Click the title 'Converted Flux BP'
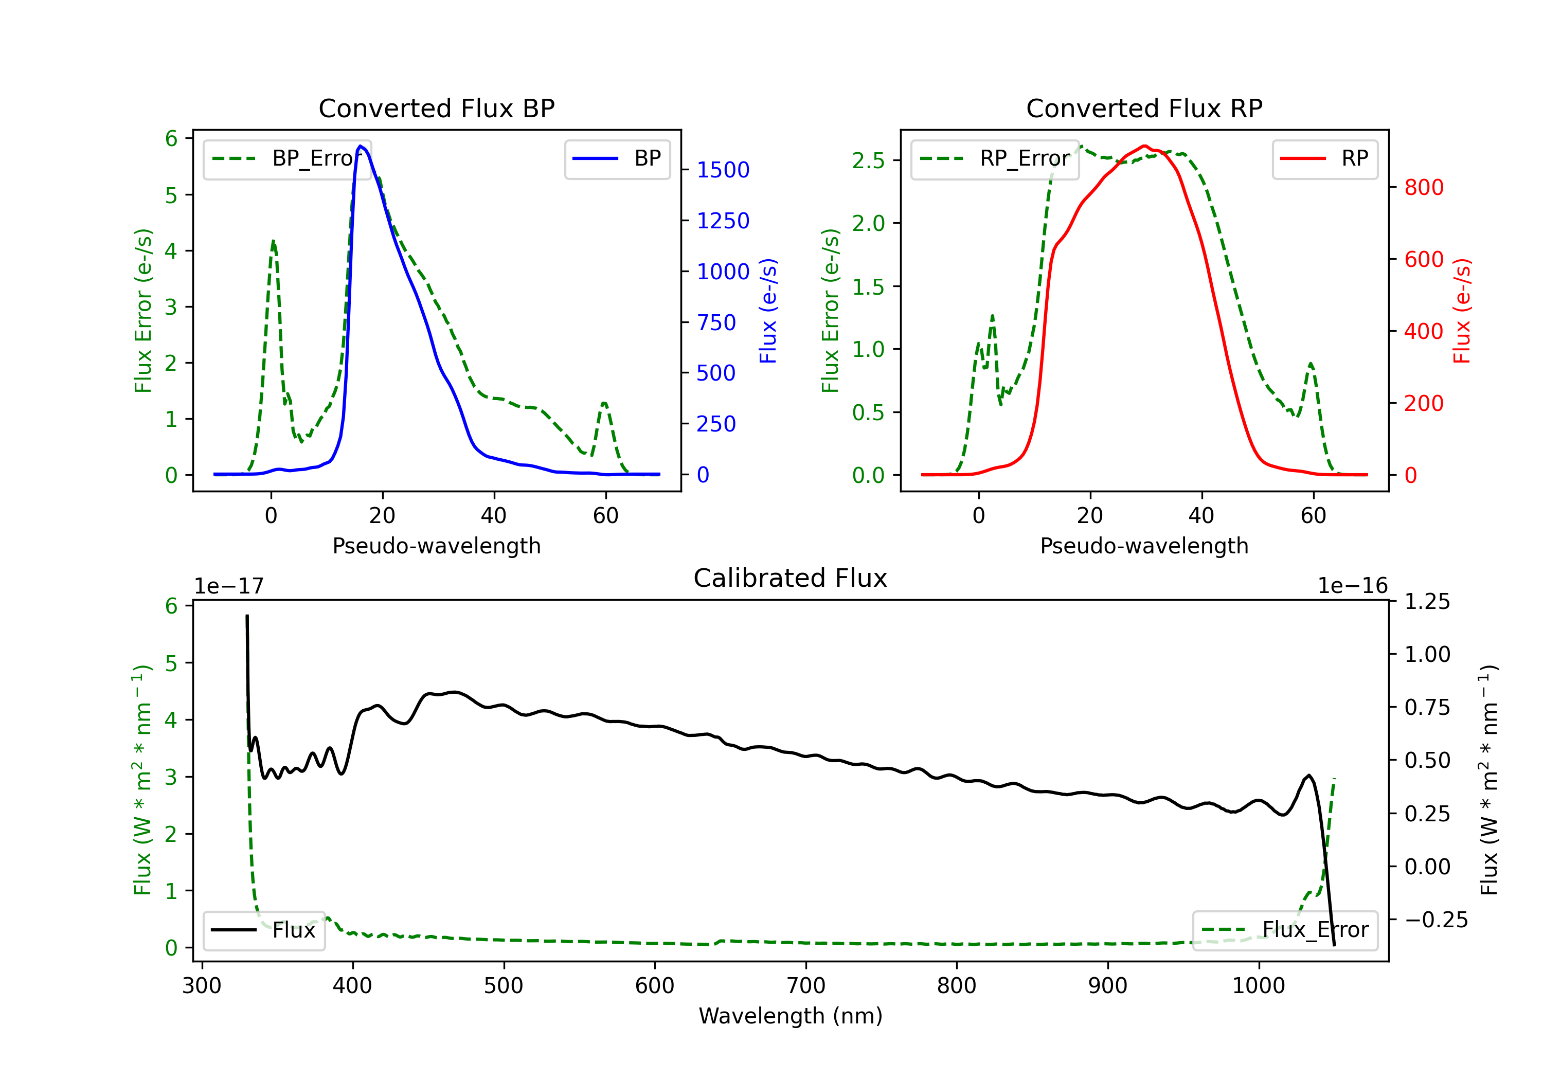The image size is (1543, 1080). (436, 108)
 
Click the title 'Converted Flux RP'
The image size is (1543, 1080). (1144, 108)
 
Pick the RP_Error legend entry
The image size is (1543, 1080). (995, 158)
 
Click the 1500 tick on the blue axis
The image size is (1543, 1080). (723, 170)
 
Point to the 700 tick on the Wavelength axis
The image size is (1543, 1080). (806, 985)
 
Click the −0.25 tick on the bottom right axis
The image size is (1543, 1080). (1436, 920)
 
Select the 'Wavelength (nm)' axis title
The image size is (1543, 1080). (791, 1016)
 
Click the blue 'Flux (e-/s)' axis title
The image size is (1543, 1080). (767, 311)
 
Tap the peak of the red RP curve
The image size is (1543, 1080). (1145, 146)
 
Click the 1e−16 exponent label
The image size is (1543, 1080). (1352, 586)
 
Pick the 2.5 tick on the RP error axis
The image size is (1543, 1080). (868, 160)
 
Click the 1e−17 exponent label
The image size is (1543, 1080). (229, 586)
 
